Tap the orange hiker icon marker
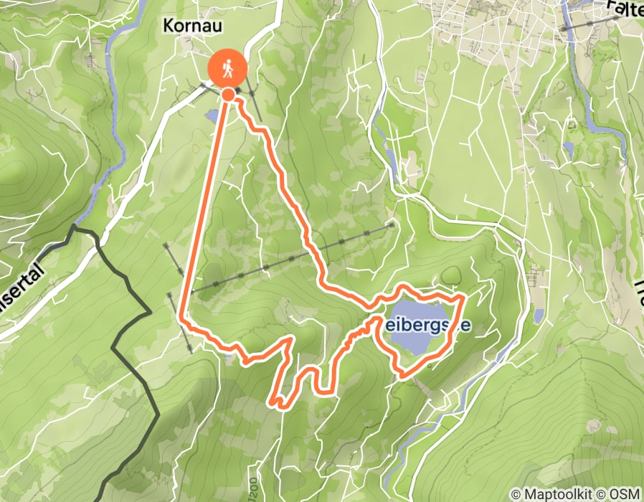227,69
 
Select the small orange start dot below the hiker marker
228,94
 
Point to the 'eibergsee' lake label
430,326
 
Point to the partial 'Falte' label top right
623,9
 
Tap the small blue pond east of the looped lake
538,316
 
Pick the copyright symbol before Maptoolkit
516,494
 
